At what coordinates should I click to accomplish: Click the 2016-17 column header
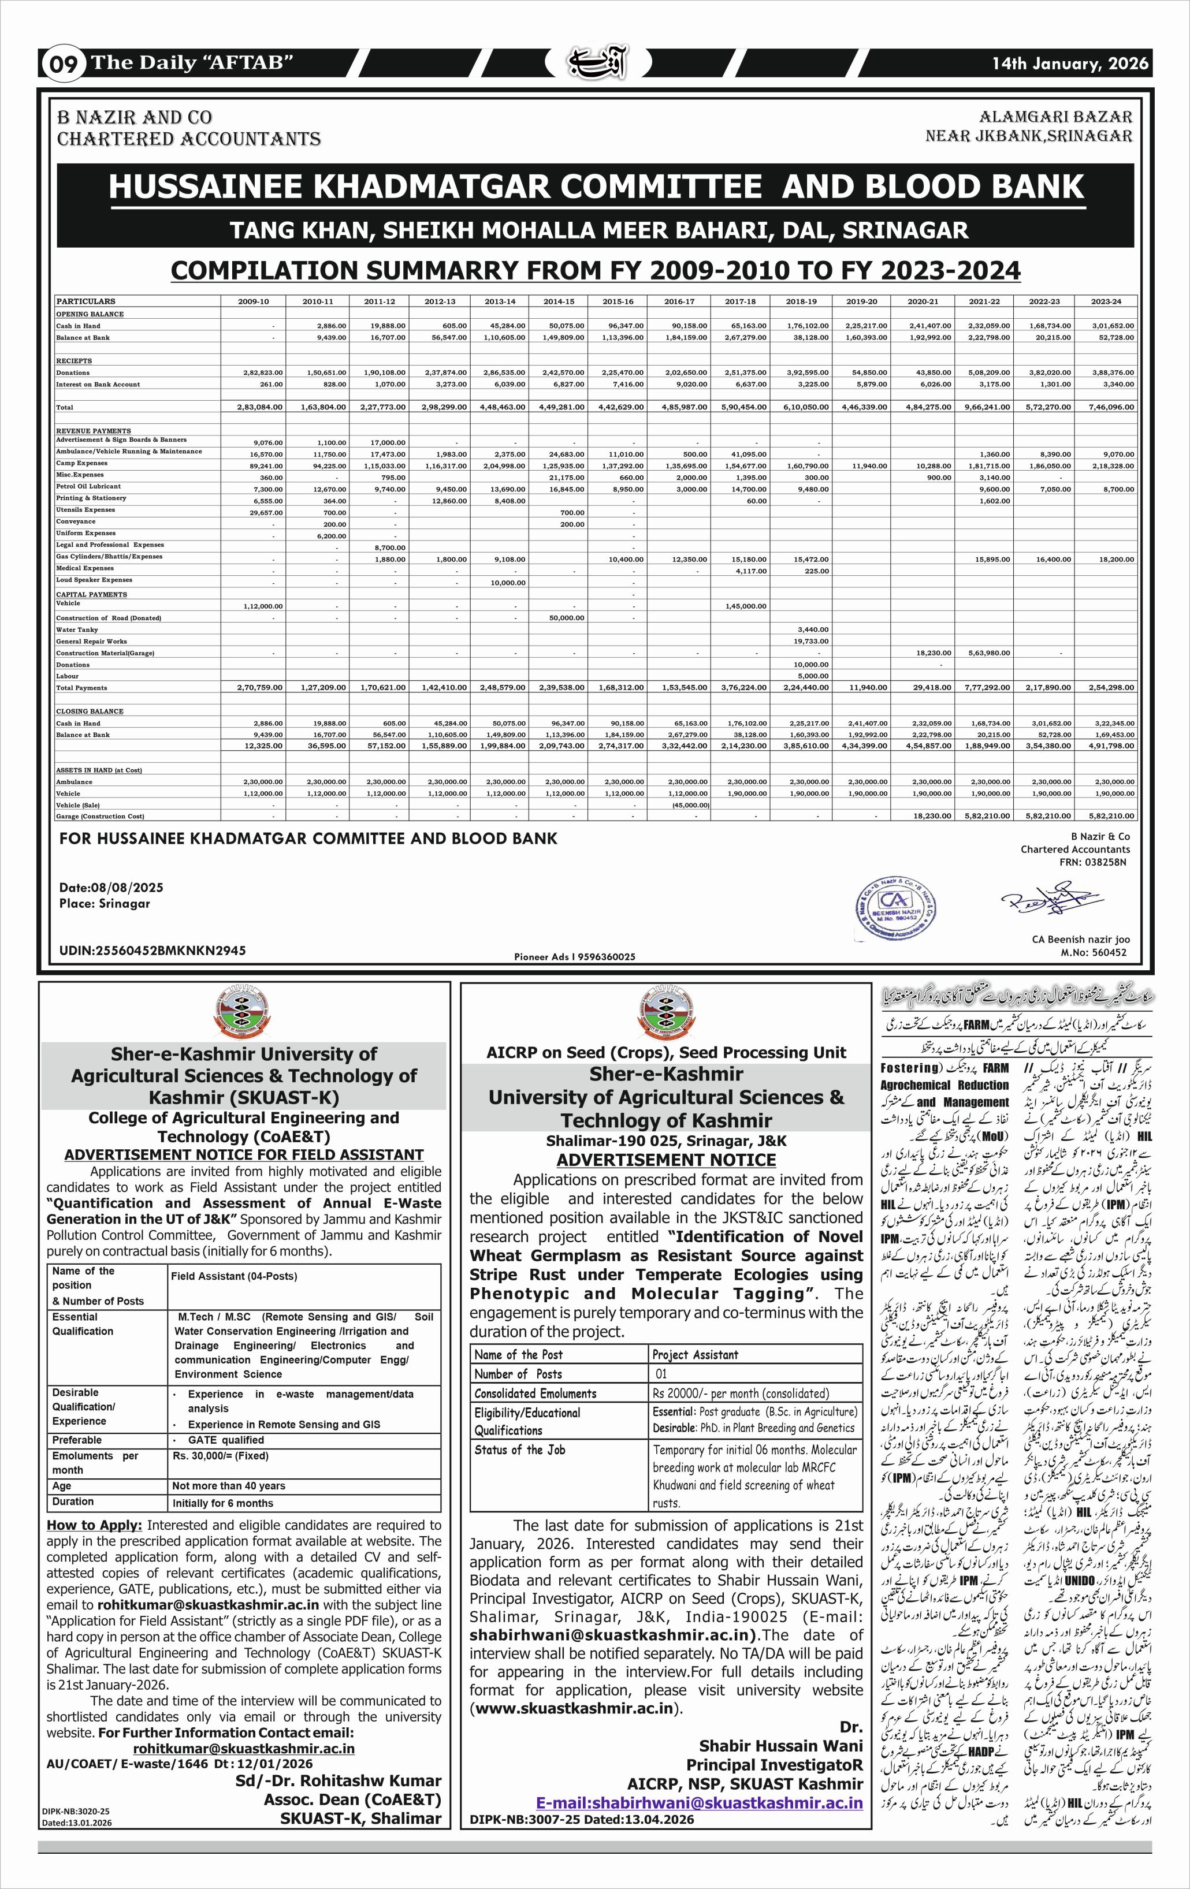point(679,301)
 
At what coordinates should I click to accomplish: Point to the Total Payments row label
point(81,688)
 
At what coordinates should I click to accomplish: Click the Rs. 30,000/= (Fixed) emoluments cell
point(221,1456)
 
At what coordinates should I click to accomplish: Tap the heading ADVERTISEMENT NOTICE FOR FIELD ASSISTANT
point(244,1155)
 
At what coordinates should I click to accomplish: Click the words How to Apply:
point(94,1525)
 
